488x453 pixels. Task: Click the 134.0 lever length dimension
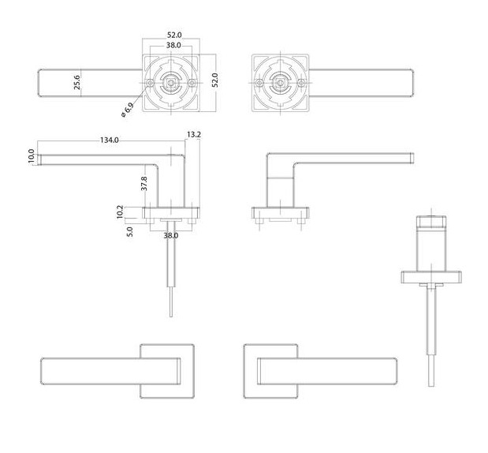click(x=109, y=140)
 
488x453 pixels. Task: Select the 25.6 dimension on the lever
click(x=78, y=83)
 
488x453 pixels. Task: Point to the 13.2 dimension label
click(x=194, y=135)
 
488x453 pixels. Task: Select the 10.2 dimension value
click(x=120, y=212)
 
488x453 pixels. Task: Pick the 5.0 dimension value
click(x=129, y=231)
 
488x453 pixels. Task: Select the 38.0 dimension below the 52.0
click(x=173, y=45)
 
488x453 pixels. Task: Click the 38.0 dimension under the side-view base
click(x=170, y=235)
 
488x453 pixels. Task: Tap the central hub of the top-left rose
click(x=173, y=82)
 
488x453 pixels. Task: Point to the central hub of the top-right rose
click(x=279, y=83)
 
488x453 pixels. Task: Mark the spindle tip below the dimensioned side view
click(x=171, y=304)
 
